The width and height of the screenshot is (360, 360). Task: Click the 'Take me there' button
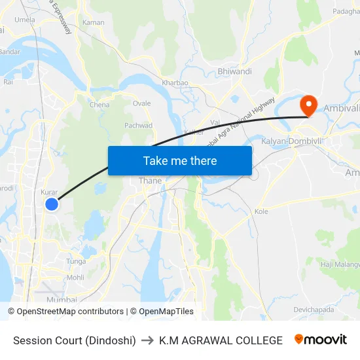[x=180, y=160]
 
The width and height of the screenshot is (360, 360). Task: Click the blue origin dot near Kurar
[x=52, y=205]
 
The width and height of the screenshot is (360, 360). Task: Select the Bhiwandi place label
[x=235, y=71]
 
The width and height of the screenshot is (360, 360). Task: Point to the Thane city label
[x=150, y=181]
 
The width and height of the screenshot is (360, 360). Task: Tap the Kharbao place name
[x=175, y=83]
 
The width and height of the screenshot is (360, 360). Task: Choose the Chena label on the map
[x=99, y=104]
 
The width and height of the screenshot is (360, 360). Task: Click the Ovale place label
[x=142, y=103]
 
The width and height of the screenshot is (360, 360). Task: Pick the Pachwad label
[x=138, y=126]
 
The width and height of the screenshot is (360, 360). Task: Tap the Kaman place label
[x=94, y=22]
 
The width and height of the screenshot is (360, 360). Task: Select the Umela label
[x=25, y=20]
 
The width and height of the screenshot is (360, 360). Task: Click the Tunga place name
[x=76, y=261]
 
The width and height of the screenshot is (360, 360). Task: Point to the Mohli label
[x=75, y=278]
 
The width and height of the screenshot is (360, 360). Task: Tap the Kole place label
[x=262, y=211]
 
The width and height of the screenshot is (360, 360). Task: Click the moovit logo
[x=320, y=340]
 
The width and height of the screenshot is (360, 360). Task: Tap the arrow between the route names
[x=147, y=340]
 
